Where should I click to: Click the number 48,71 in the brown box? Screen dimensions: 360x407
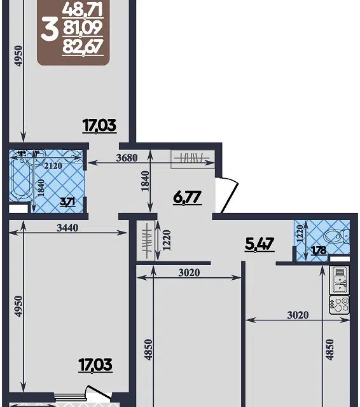tap(83, 10)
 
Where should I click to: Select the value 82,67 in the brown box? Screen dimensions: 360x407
tap(83, 47)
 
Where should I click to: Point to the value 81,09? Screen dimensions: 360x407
tap(83, 28)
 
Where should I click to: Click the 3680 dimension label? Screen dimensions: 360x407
tap(127, 158)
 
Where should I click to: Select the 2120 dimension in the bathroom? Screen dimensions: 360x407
tap(53, 165)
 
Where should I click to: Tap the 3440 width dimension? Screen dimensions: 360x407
tap(67, 228)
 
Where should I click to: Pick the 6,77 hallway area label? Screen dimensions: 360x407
tap(188, 198)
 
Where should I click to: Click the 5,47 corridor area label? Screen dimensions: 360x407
tap(260, 244)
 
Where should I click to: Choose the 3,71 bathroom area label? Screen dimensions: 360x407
tap(68, 202)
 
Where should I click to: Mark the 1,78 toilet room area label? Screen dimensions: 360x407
tap(319, 250)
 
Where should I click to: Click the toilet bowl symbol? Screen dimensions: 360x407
tap(336, 236)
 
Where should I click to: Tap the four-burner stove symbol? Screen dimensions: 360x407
tap(339, 305)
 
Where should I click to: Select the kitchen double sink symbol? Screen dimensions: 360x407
tap(339, 280)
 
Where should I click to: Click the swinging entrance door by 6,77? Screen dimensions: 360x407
tap(227, 195)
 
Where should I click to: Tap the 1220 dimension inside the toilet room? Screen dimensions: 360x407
tap(300, 233)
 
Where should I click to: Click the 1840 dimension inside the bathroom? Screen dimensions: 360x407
tap(41, 188)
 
